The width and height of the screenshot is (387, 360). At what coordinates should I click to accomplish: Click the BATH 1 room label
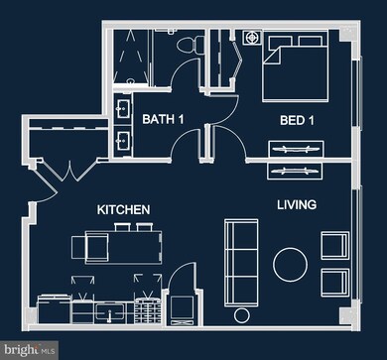(164, 120)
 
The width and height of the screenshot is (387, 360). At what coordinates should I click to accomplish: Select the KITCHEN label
(123, 210)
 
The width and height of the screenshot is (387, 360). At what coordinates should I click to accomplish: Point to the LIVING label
(297, 205)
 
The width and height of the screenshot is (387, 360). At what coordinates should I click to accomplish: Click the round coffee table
(291, 264)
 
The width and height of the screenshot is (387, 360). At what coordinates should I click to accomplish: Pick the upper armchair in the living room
(334, 244)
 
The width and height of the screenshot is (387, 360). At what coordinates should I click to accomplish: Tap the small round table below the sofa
(240, 314)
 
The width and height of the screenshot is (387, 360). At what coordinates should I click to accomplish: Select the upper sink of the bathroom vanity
(123, 108)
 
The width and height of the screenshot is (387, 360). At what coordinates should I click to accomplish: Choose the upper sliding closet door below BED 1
(296, 149)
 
